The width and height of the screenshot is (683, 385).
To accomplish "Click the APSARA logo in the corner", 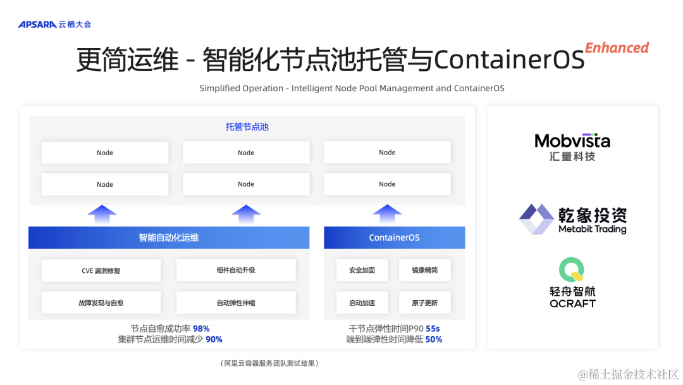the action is coord(54,24).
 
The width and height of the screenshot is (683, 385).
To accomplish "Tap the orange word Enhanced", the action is coord(617,48).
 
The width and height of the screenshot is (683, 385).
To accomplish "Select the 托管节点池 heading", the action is coord(247,127).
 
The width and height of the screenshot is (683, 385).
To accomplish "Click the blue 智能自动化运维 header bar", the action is coord(169,237).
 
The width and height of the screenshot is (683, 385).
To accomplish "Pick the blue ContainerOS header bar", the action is coord(394,237).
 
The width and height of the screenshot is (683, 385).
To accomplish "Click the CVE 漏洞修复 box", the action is coord(101,270).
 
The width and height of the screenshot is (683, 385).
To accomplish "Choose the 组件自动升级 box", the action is coord(236,270).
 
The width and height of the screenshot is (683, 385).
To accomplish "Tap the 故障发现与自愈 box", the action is coord(101,303).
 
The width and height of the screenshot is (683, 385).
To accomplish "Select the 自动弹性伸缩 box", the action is coord(236,303).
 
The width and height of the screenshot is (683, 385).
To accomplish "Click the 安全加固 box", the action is coord(362,270).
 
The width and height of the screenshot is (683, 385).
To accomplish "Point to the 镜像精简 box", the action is coord(424,270).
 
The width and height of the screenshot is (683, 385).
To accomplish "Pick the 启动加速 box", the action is coord(362,303).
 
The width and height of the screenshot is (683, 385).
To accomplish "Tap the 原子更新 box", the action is coord(424,303).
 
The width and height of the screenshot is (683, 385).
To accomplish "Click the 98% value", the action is coord(201,329).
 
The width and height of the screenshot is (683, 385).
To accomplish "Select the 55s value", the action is coord(433,329).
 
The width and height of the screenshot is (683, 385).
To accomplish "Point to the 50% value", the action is coord(433,339).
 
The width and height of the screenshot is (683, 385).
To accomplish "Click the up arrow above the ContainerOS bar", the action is coord(387,213).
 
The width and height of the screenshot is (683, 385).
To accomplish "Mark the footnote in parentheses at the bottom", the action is coord(270,363).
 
